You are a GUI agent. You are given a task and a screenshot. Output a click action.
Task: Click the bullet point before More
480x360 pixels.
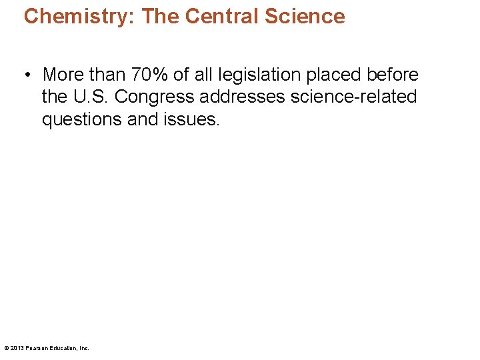pyautogui.click(x=30, y=75)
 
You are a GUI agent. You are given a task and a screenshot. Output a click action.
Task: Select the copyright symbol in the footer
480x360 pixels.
pyautogui.click(x=6, y=348)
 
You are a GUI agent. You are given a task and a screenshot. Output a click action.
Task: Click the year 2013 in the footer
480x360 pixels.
pyautogui.click(x=16, y=348)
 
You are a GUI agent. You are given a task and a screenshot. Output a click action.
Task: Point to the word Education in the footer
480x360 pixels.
pyautogui.click(x=63, y=348)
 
